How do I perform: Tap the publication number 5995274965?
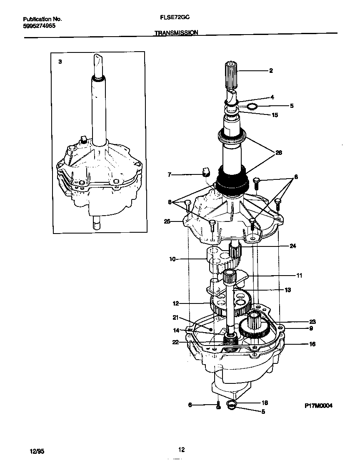click(x=39, y=25)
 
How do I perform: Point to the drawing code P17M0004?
click(x=319, y=406)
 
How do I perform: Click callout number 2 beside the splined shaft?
click(x=271, y=71)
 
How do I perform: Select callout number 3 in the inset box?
click(x=60, y=62)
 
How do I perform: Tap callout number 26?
click(x=278, y=153)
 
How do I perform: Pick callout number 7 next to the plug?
click(x=169, y=175)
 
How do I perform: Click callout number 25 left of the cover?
click(x=167, y=221)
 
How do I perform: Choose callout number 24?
click(x=293, y=246)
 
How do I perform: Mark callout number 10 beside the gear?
click(x=172, y=259)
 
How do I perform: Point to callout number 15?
click(x=275, y=115)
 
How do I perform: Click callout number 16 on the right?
click(x=312, y=344)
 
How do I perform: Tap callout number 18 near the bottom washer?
click(x=264, y=403)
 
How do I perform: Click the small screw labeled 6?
click(x=218, y=405)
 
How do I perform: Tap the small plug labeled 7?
click(x=205, y=172)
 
